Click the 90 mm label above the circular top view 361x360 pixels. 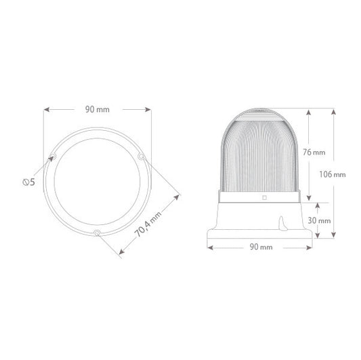click(x=98, y=109)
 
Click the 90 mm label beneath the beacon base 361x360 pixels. click(x=261, y=247)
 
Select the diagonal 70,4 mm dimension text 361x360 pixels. click(x=148, y=224)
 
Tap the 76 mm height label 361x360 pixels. click(x=314, y=153)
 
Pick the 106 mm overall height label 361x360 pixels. click(x=333, y=174)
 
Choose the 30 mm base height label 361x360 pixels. click(x=318, y=220)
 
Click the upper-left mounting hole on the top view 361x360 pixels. click(x=53, y=157)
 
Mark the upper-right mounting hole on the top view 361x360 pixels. click(x=141, y=158)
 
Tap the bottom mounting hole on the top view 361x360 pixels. click(x=98, y=235)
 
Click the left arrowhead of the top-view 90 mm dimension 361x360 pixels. click(x=47, y=109)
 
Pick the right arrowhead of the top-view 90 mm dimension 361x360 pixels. click(x=148, y=109)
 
